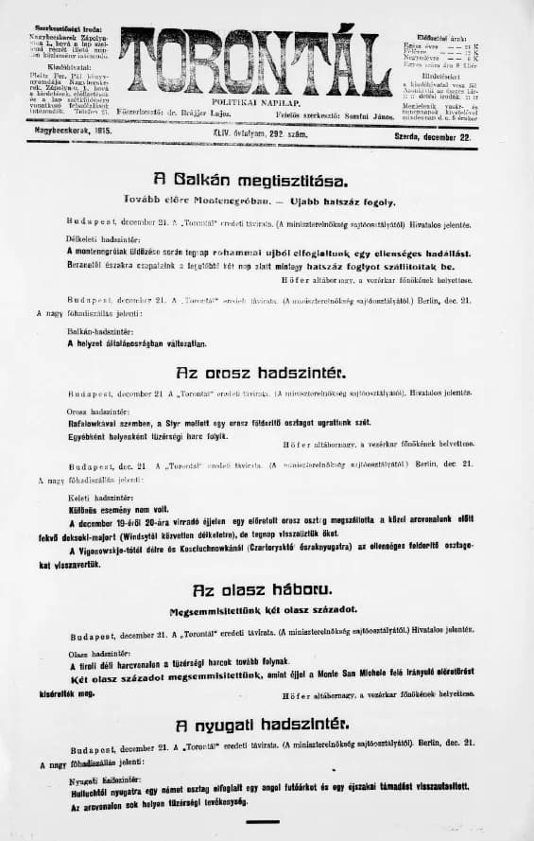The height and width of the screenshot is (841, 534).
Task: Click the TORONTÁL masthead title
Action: (x=255, y=61)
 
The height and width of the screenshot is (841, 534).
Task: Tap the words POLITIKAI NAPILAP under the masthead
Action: (x=255, y=99)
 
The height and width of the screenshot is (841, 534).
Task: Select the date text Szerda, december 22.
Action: (x=433, y=136)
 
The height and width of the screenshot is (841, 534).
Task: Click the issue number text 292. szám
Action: (x=297, y=135)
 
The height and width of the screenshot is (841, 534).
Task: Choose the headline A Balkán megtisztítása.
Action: (x=250, y=180)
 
